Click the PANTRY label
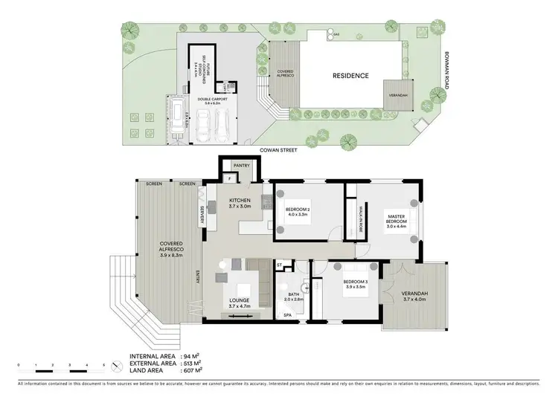(x=240, y=167)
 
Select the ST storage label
(x=279, y=264)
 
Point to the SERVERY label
(x=202, y=216)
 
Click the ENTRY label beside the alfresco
(x=197, y=277)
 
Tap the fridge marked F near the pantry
(x=230, y=179)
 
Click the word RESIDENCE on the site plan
(x=350, y=75)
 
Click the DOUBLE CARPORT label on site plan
(x=212, y=99)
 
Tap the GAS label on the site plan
(x=336, y=34)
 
